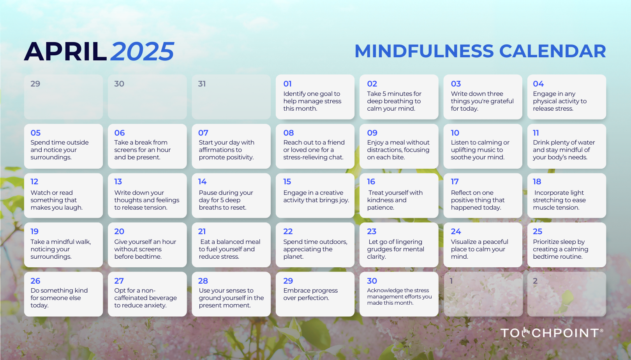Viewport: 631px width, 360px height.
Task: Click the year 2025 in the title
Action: [143, 52]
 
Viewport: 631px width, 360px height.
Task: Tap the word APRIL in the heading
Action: [65, 52]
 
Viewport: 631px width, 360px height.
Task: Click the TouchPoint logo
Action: [552, 333]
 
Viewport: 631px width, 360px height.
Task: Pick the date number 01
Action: [287, 84]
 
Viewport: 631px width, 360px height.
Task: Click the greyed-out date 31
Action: [202, 84]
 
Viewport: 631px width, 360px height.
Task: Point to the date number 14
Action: [202, 182]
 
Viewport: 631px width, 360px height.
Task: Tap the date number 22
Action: [288, 231]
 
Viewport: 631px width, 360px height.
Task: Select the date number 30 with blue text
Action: [372, 281]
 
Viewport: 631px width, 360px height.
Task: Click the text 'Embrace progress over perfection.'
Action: [310, 294]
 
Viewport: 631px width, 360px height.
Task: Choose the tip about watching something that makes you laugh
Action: [56, 200]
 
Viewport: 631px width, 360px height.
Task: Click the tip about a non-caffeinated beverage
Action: [145, 298]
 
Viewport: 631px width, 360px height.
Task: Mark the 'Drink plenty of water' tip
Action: [564, 150]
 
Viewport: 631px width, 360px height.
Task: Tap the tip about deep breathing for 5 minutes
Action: [394, 101]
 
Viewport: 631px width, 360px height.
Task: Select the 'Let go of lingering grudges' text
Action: [395, 249]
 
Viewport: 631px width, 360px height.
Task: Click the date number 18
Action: [537, 182]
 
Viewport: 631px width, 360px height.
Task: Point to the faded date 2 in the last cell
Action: [535, 281]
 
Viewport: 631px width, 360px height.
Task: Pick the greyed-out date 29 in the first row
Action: [35, 84]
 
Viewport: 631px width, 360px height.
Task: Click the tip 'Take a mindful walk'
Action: [60, 249]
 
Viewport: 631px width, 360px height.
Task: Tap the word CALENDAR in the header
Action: [552, 51]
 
